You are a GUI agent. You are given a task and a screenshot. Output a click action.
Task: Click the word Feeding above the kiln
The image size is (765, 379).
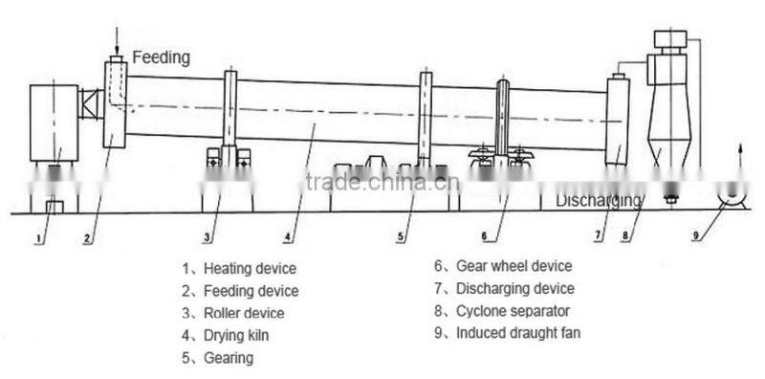(161, 57)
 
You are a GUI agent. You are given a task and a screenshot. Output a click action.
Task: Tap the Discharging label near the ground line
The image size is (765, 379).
(599, 201)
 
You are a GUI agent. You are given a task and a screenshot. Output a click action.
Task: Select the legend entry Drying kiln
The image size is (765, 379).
(234, 335)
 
